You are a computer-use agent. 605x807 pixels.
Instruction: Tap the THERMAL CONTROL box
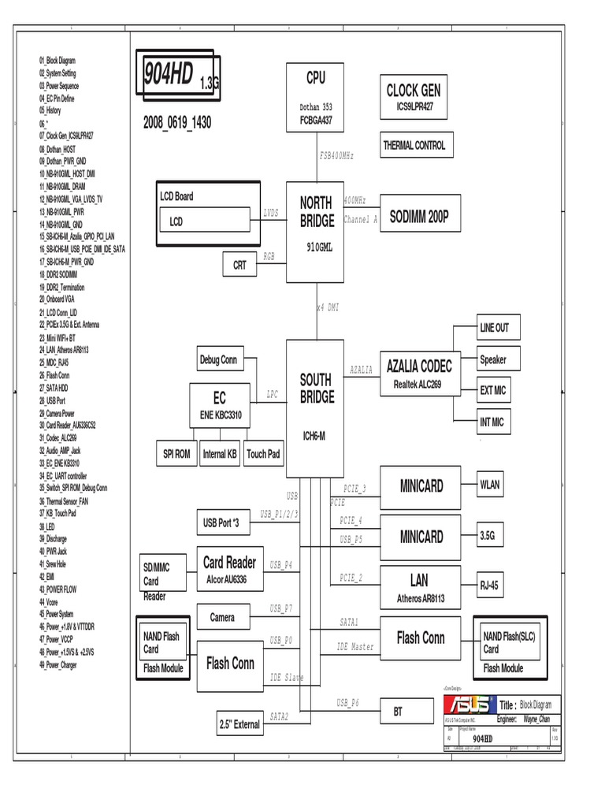click(x=414, y=145)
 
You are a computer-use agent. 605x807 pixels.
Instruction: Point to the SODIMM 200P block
click(x=418, y=218)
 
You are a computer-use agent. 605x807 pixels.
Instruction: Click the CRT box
click(x=240, y=266)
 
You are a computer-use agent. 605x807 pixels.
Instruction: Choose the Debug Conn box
click(x=218, y=360)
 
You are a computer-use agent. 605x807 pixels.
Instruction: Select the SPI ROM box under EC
click(x=177, y=454)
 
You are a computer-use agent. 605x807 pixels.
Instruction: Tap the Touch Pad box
click(x=263, y=454)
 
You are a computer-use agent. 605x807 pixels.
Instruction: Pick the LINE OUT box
click(x=494, y=328)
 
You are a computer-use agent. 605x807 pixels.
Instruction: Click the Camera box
click(x=223, y=617)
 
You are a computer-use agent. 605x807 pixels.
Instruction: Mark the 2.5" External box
click(x=239, y=723)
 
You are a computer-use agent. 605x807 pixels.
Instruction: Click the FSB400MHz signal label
click(x=336, y=156)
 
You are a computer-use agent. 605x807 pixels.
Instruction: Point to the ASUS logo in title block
click(x=467, y=705)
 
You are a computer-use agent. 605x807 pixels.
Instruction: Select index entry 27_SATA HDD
click(x=58, y=388)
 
